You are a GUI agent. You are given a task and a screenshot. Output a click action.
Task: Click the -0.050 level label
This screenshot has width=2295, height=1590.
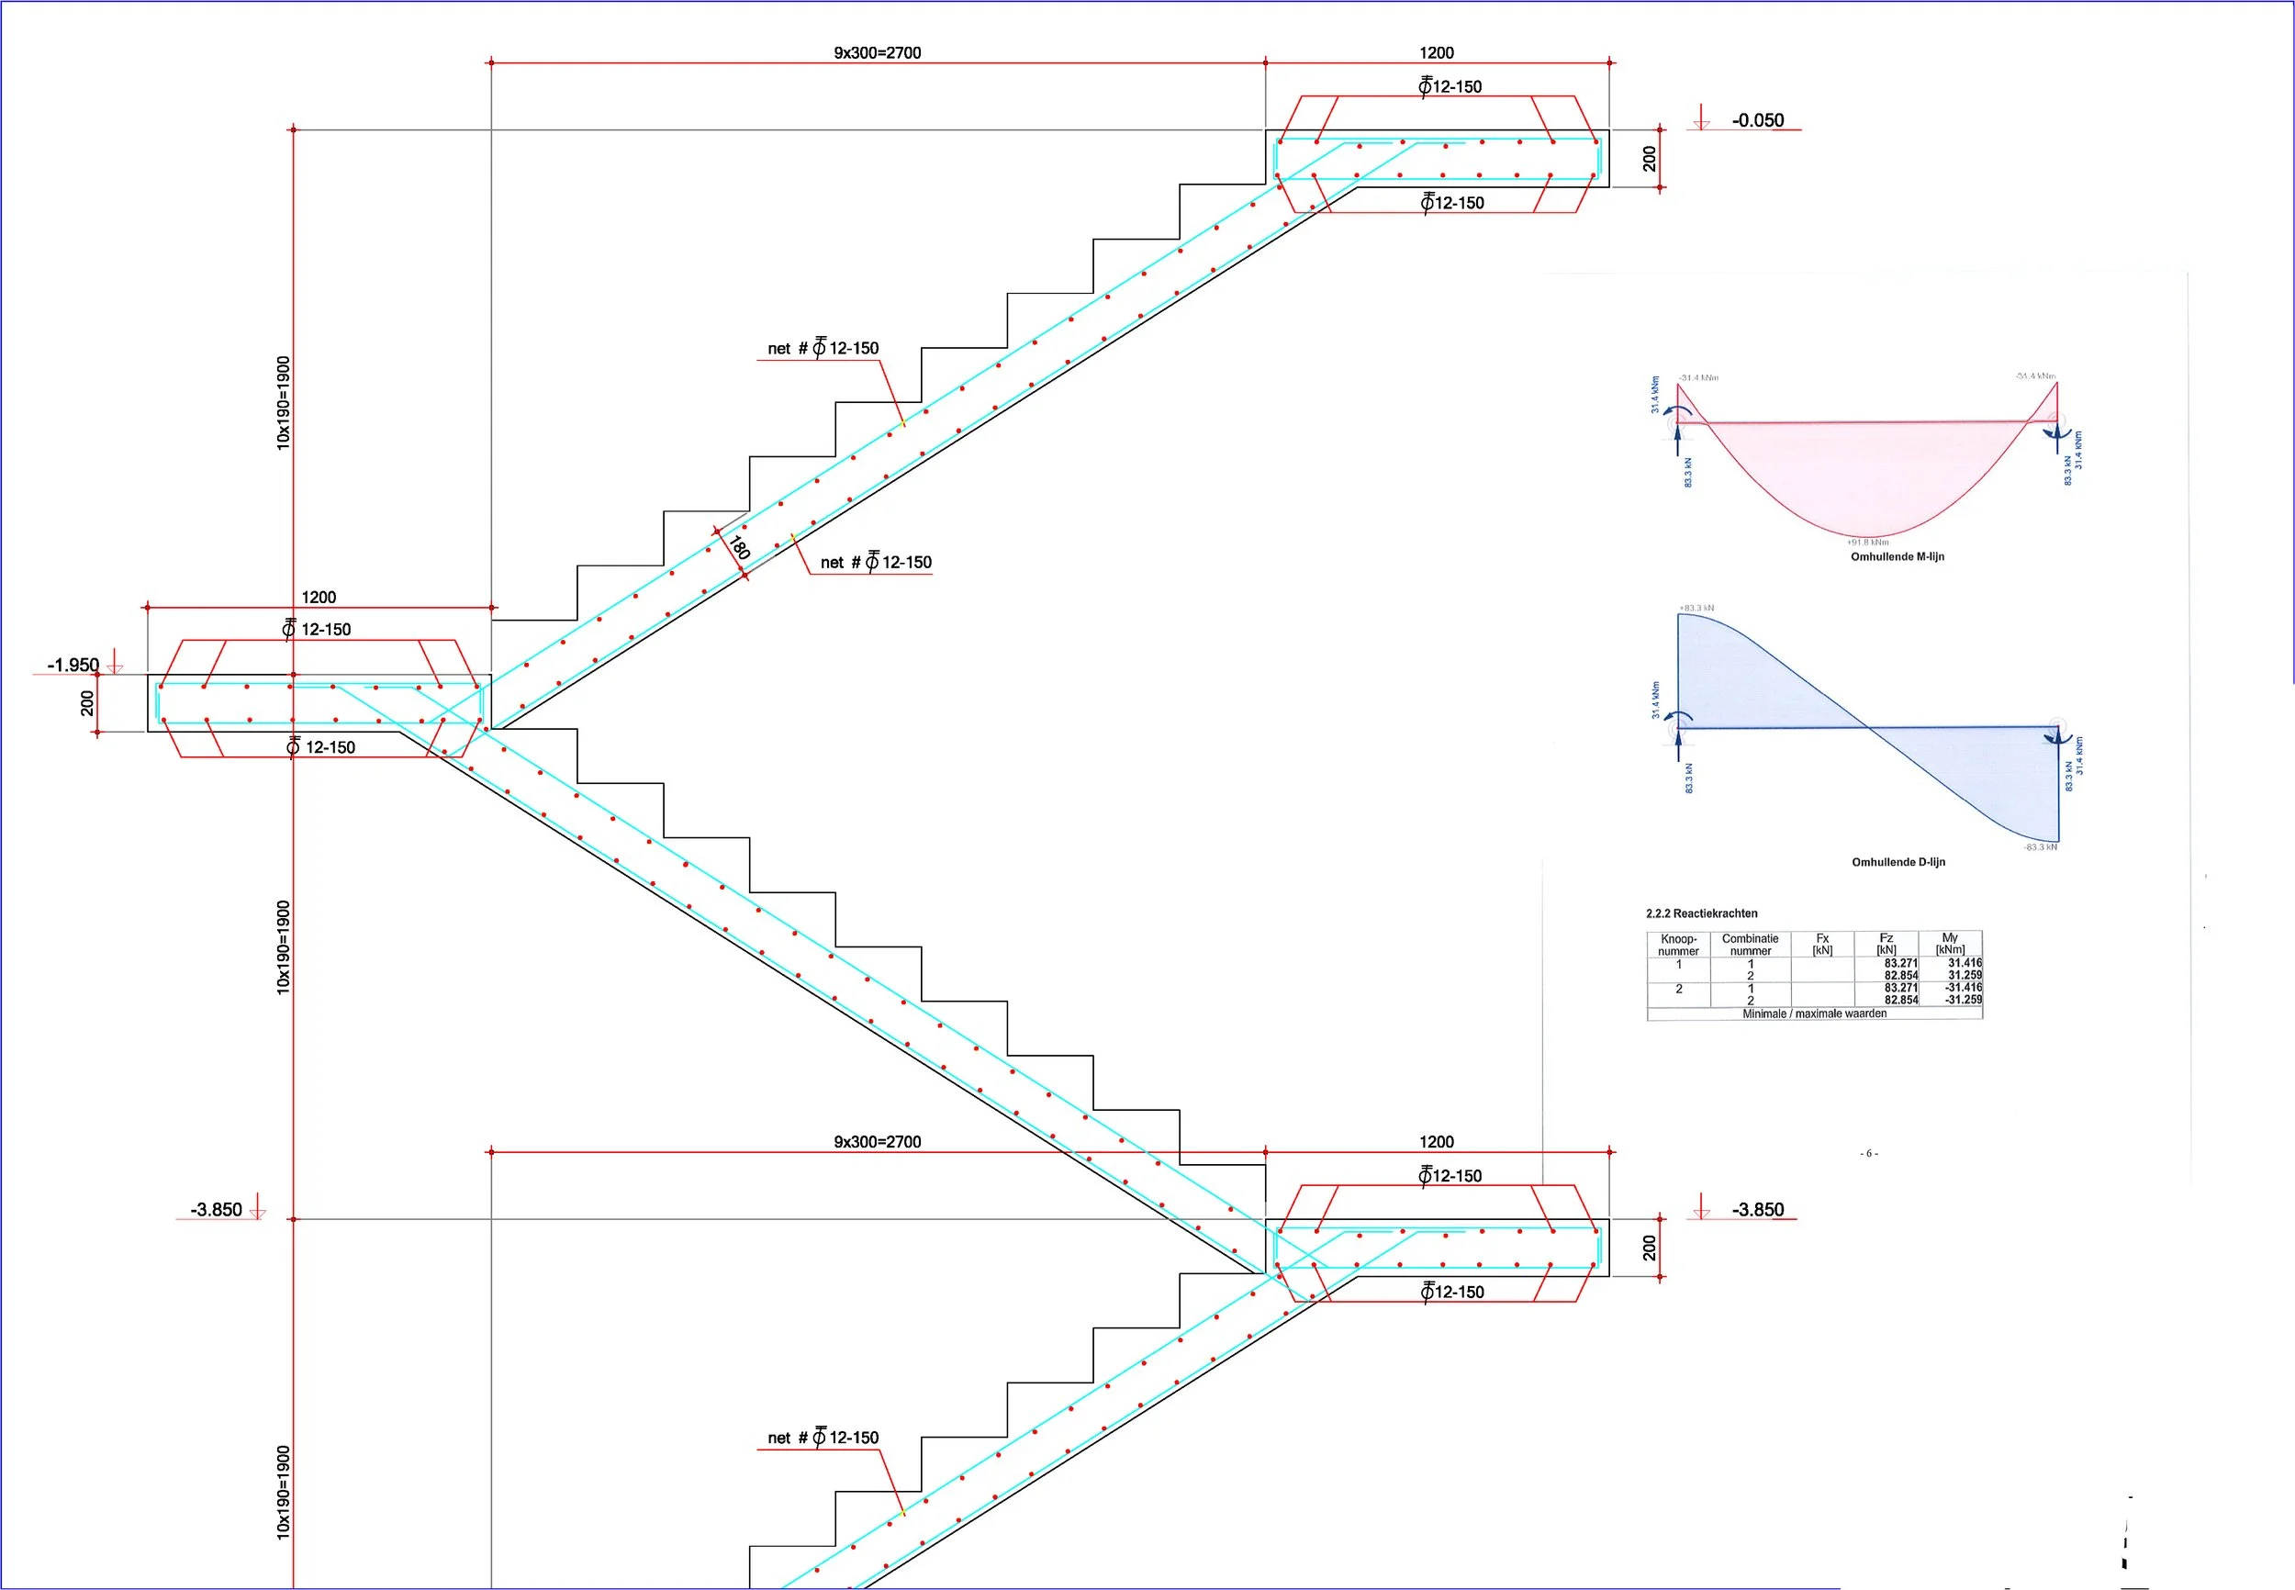pyautogui.click(x=1757, y=120)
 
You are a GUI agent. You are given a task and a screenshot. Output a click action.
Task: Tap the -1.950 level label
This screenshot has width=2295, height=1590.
pyautogui.click(x=73, y=665)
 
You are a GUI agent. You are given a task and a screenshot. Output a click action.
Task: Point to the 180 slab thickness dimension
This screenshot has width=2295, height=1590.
pyautogui.click(x=739, y=547)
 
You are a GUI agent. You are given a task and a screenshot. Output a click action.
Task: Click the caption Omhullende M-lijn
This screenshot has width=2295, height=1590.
pyautogui.click(x=1897, y=557)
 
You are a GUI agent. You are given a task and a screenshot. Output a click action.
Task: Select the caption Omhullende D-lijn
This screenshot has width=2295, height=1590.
pyautogui.click(x=1898, y=862)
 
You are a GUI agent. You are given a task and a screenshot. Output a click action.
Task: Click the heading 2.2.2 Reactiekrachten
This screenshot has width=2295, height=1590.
pyautogui.click(x=1701, y=913)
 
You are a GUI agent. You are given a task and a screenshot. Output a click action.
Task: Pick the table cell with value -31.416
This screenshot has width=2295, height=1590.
pyautogui.click(x=1964, y=987)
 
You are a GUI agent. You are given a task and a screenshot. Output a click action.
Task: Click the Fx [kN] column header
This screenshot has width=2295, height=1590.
pyautogui.click(x=1822, y=944)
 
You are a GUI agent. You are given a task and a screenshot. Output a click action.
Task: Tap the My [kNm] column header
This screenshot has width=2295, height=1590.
pyautogui.click(x=1949, y=944)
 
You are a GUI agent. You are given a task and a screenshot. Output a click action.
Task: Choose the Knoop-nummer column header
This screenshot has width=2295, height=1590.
pyautogui.click(x=1678, y=945)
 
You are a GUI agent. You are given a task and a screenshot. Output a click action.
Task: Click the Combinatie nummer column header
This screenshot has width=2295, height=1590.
pyautogui.click(x=1750, y=945)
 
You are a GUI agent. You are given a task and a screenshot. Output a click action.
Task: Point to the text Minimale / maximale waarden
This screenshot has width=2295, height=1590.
pyautogui.click(x=1814, y=1013)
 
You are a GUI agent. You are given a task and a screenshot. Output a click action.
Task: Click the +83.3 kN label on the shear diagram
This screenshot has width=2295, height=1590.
pyautogui.click(x=1696, y=608)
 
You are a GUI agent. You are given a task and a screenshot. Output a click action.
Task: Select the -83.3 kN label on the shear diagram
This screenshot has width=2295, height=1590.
pyautogui.click(x=2039, y=846)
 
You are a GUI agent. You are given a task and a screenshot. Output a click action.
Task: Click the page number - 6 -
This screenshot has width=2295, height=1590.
pyautogui.click(x=1869, y=1153)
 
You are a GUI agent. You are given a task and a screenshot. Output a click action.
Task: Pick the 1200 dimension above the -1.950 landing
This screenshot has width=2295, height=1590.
pyautogui.click(x=319, y=597)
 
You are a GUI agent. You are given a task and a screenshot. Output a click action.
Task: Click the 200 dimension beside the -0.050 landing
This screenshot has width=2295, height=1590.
pyautogui.click(x=1649, y=159)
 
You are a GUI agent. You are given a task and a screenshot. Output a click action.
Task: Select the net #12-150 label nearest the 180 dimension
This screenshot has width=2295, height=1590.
pyautogui.click(x=876, y=563)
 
